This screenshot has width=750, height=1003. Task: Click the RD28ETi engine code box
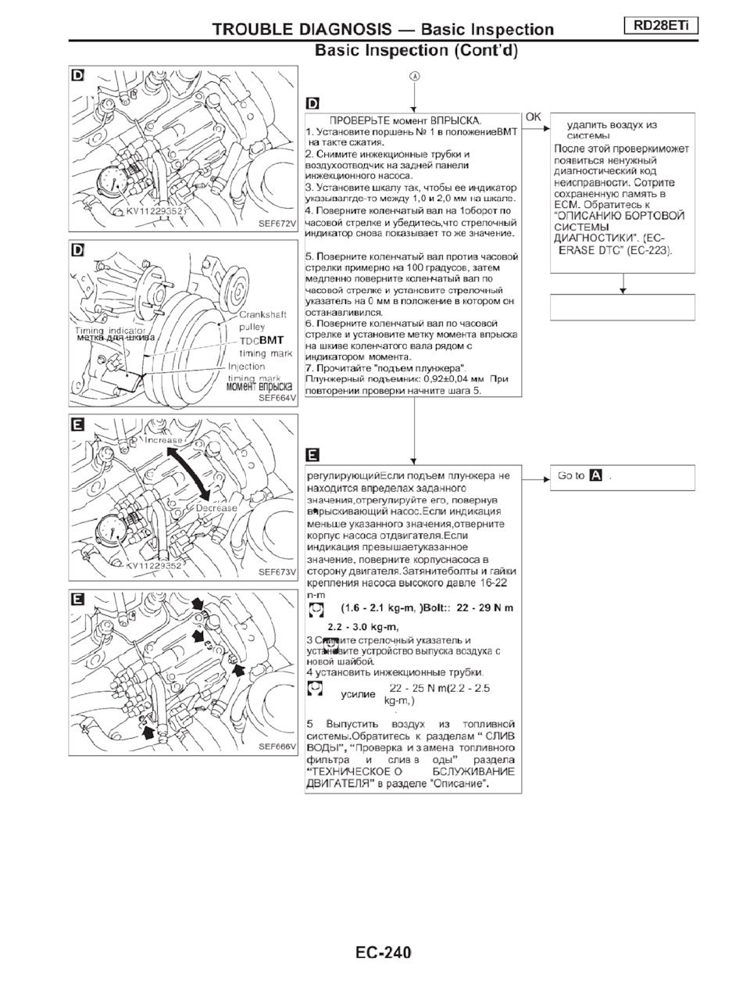(661, 26)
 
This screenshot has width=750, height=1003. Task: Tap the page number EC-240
(383, 952)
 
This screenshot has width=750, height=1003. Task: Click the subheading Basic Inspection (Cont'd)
(416, 51)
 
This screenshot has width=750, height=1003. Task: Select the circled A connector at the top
(414, 77)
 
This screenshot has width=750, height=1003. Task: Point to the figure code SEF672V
(278, 224)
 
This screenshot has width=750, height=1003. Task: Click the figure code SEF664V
(278, 398)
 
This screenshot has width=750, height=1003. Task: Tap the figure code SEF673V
(278, 572)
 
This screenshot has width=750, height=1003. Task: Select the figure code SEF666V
(278, 747)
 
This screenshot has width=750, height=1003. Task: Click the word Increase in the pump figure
(163, 440)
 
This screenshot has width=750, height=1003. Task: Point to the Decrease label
(216, 508)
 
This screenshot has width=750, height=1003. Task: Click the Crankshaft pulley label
(262, 321)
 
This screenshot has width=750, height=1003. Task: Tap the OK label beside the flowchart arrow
(533, 117)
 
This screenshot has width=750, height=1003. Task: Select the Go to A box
(622, 476)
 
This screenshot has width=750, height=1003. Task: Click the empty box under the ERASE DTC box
(622, 307)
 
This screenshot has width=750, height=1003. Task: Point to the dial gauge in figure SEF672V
(114, 184)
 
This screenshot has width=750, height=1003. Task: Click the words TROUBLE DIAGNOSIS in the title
(302, 30)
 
